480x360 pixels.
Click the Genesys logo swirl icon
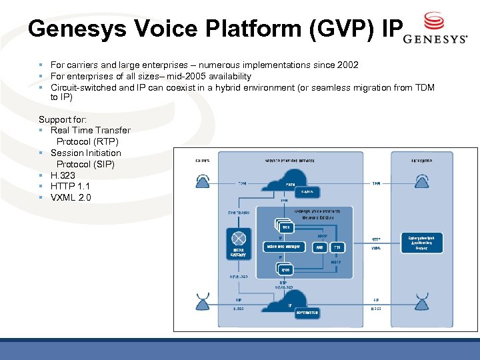tap(434, 20)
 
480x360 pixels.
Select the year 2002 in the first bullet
tap(347, 65)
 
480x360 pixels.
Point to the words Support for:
tap(63, 119)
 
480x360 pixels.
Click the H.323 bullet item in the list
tap(63, 175)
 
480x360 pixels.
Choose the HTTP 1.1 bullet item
tap(71, 186)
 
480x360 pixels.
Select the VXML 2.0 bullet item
tap(71, 197)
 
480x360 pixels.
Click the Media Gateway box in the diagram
tap(237, 243)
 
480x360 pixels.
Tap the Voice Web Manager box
tap(284, 246)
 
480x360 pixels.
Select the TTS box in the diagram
tap(338, 246)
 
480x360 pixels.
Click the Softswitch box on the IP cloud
tap(306, 312)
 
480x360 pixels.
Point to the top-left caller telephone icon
tap(201, 181)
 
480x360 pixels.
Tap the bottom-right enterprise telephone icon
tap(421, 301)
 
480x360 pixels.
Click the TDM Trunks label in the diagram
tap(239, 213)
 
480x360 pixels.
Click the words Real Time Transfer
tap(91, 130)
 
